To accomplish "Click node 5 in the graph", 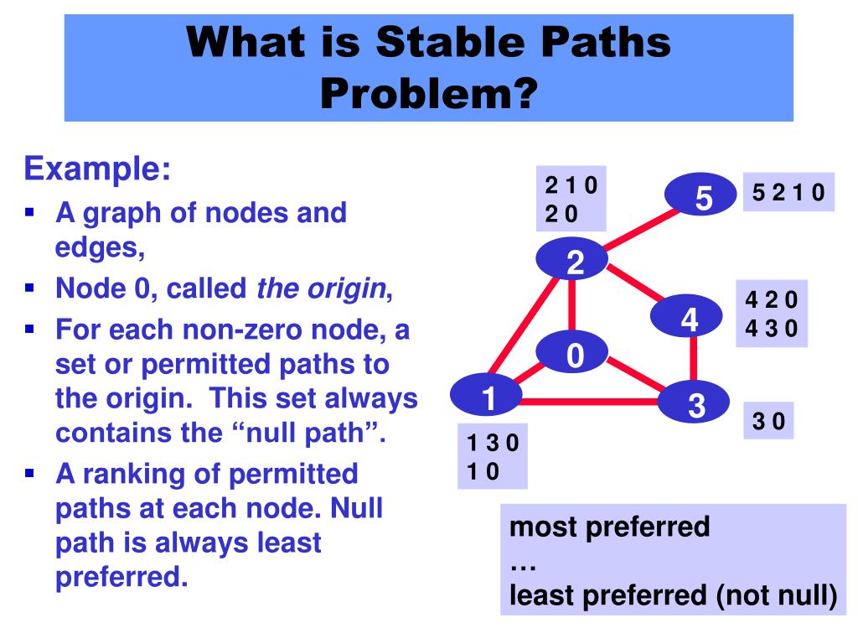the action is point(703,198).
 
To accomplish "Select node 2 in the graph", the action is point(574,262).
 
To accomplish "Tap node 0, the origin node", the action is point(574,356).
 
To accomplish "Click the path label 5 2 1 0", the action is point(788,194).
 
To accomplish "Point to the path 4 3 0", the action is point(772,329).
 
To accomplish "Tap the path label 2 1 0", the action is point(571,185).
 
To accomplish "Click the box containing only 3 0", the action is point(768,420).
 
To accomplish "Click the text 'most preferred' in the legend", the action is point(609,527).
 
